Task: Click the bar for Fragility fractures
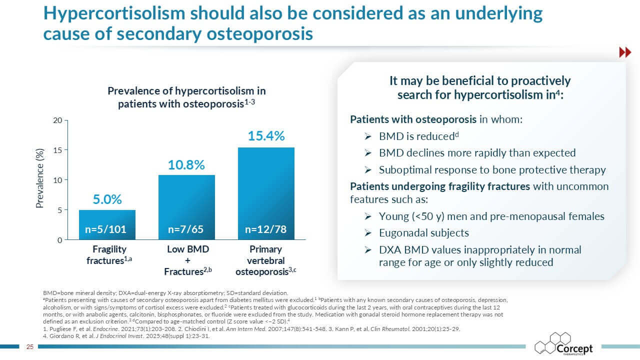(x=107, y=225)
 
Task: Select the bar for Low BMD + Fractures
(x=186, y=207)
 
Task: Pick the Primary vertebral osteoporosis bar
(x=266, y=193)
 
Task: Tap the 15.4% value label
(x=266, y=136)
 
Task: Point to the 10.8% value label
(x=186, y=165)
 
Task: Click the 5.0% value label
(x=107, y=199)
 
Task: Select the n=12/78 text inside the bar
(x=265, y=229)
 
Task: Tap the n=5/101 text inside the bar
(x=105, y=229)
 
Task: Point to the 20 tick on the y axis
(x=57, y=120)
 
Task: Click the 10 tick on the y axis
(x=57, y=180)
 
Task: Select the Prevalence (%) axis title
(x=39, y=178)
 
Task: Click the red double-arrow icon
(x=625, y=52)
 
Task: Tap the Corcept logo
(x=563, y=344)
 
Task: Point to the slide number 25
(x=30, y=347)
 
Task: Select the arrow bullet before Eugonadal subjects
(x=367, y=233)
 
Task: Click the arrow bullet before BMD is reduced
(x=367, y=137)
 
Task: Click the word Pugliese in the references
(x=61, y=329)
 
